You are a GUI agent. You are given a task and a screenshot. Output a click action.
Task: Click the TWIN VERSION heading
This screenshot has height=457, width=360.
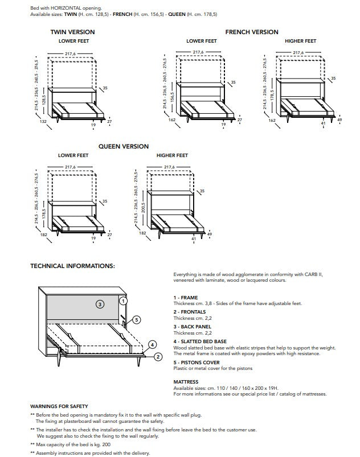click(x=73, y=32)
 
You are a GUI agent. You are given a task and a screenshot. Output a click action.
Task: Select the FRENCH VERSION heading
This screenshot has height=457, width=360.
click(x=251, y=32)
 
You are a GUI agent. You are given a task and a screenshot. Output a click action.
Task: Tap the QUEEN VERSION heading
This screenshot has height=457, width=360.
click(x=123, y=146)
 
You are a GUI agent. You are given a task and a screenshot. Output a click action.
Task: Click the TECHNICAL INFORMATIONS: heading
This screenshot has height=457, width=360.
click(x=72, y=266)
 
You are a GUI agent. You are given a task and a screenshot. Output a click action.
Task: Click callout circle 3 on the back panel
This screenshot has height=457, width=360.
click(x=99, y=304)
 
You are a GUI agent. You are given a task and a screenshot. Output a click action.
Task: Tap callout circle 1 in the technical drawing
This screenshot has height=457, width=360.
click(x=124, y=300)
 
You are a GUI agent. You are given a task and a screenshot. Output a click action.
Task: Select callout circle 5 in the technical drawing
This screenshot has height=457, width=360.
click(x=137, y=319)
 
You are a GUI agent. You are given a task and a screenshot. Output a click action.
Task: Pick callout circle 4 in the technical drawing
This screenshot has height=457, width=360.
click(x=152, y=344)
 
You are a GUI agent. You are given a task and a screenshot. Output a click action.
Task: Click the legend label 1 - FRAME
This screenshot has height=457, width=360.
click(x=186, y=298)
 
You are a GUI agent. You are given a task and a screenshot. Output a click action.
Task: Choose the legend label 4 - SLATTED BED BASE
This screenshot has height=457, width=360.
click(x=199, y=341)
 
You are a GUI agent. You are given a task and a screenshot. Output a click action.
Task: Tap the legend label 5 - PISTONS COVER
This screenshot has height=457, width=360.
click(x=197, y=362)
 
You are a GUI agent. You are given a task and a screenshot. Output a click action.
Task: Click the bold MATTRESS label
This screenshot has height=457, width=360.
click(x=186, y=382)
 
